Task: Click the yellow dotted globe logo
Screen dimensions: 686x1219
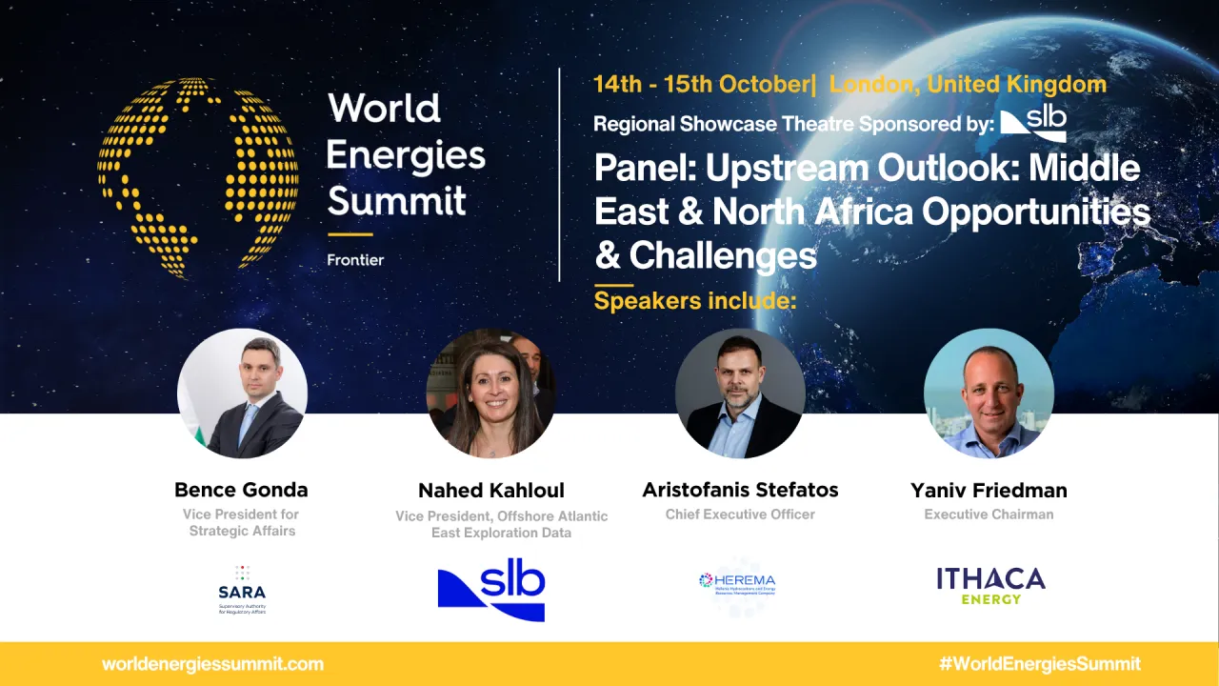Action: coord(197,177)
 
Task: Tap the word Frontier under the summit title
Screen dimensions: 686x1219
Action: coord(355,259)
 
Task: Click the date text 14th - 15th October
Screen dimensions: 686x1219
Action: coord(700,84)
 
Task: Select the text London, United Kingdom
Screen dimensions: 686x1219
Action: coord(968,84)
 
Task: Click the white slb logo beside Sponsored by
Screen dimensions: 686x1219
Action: coord(1033,122)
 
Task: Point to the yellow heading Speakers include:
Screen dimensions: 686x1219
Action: coord(694,301)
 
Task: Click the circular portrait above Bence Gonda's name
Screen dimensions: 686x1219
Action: coord(242,393)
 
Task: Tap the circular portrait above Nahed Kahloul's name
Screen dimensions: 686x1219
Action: coord(490,393)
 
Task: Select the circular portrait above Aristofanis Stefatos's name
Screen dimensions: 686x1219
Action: coord(740,393)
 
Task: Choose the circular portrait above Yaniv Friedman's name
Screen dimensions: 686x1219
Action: coord(989,393)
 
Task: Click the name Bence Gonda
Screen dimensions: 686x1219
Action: coord(241,490)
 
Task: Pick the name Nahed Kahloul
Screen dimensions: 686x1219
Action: coord(491,491)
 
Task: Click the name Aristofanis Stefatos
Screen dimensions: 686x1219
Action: coord(740,490)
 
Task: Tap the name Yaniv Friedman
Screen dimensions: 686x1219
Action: coord(989,491)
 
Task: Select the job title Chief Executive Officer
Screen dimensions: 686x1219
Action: coord(740,514)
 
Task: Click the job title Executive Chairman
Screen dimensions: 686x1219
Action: coord(989,514)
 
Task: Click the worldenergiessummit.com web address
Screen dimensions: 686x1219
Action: coord(212,664)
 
